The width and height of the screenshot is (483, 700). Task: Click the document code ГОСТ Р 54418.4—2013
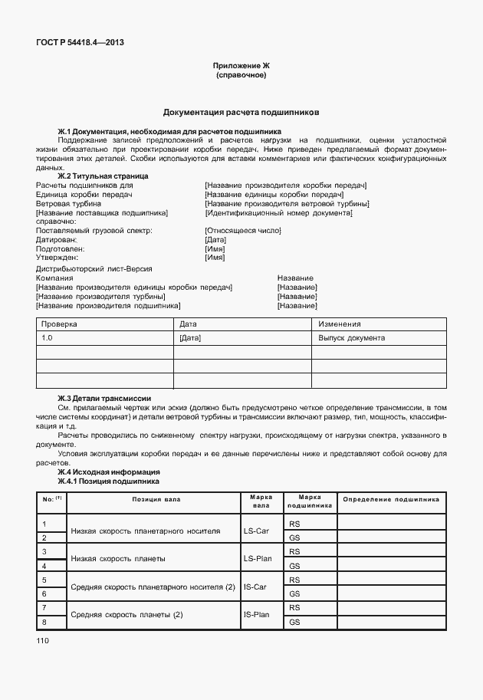click(x=80, y=42)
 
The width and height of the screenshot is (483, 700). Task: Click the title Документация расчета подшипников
click(x=241, y=112)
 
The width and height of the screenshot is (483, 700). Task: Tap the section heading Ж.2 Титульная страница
click(x=103, y=176)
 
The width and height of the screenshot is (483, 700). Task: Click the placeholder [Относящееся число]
click(x=243, y=231)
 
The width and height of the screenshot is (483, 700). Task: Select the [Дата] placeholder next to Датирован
click(x=215, y=240)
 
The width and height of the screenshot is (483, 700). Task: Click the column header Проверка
click(x=59, y=324)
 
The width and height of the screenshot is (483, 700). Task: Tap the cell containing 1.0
click(x=48, y=338)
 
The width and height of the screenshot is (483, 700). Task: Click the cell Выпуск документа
click(x=352, y=338)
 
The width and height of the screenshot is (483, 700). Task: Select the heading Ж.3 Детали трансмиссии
click(x=104, y=398)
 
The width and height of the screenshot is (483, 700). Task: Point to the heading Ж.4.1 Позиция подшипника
click(x=108, y=481)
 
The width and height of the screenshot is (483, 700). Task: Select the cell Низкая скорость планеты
click(x=118, y=559)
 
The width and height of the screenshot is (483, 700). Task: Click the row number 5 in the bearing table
click(x=45, y=580)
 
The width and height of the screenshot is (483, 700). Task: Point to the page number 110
click(x=43, y=639)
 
